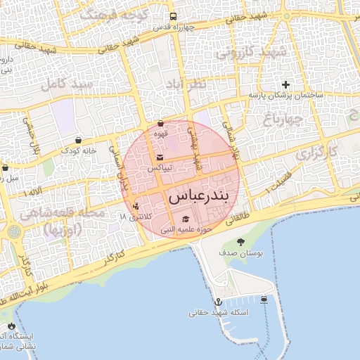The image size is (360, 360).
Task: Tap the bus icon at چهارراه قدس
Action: [x=173, y=17]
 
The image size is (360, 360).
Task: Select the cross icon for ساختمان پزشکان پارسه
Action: [x=285, y=84]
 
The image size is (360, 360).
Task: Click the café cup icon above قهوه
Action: [x=161, y=123]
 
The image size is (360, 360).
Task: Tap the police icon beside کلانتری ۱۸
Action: [x=135, y=207]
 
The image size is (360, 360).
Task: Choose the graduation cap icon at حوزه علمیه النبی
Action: [x=186, y=219]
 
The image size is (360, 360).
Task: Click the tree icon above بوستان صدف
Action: [x=241, y=242]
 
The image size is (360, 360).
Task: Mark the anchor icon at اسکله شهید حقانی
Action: [x=218, y=301]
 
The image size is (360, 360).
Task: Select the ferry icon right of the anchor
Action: [x=264, y=299]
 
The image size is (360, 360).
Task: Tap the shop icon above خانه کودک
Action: [x=77, y=139]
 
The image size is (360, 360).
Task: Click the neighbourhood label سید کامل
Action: [x=67, y=84]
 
